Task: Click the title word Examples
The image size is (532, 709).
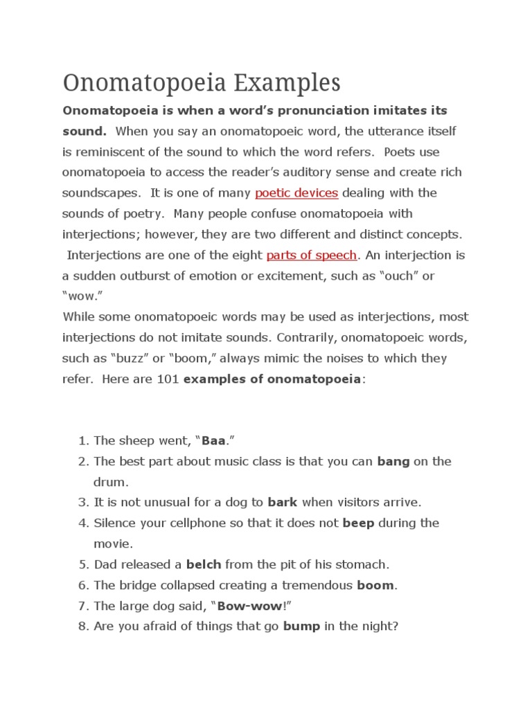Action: pos(286,84)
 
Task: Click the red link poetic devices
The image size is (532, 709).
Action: pos(296,192)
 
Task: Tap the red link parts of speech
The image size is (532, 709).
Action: pos(312,255)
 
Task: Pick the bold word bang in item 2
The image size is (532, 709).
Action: pos(393,461)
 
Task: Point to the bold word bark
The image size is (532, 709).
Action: pos(282,502)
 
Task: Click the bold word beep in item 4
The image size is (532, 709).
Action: pos(358,523)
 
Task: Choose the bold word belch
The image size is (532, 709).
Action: pos(204,564)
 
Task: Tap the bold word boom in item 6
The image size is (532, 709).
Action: pos(375,585)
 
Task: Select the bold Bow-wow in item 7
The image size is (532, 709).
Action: pos(250,606)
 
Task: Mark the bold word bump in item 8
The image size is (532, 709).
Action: pos(301,627)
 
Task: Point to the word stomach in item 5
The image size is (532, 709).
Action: pos(364,564)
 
